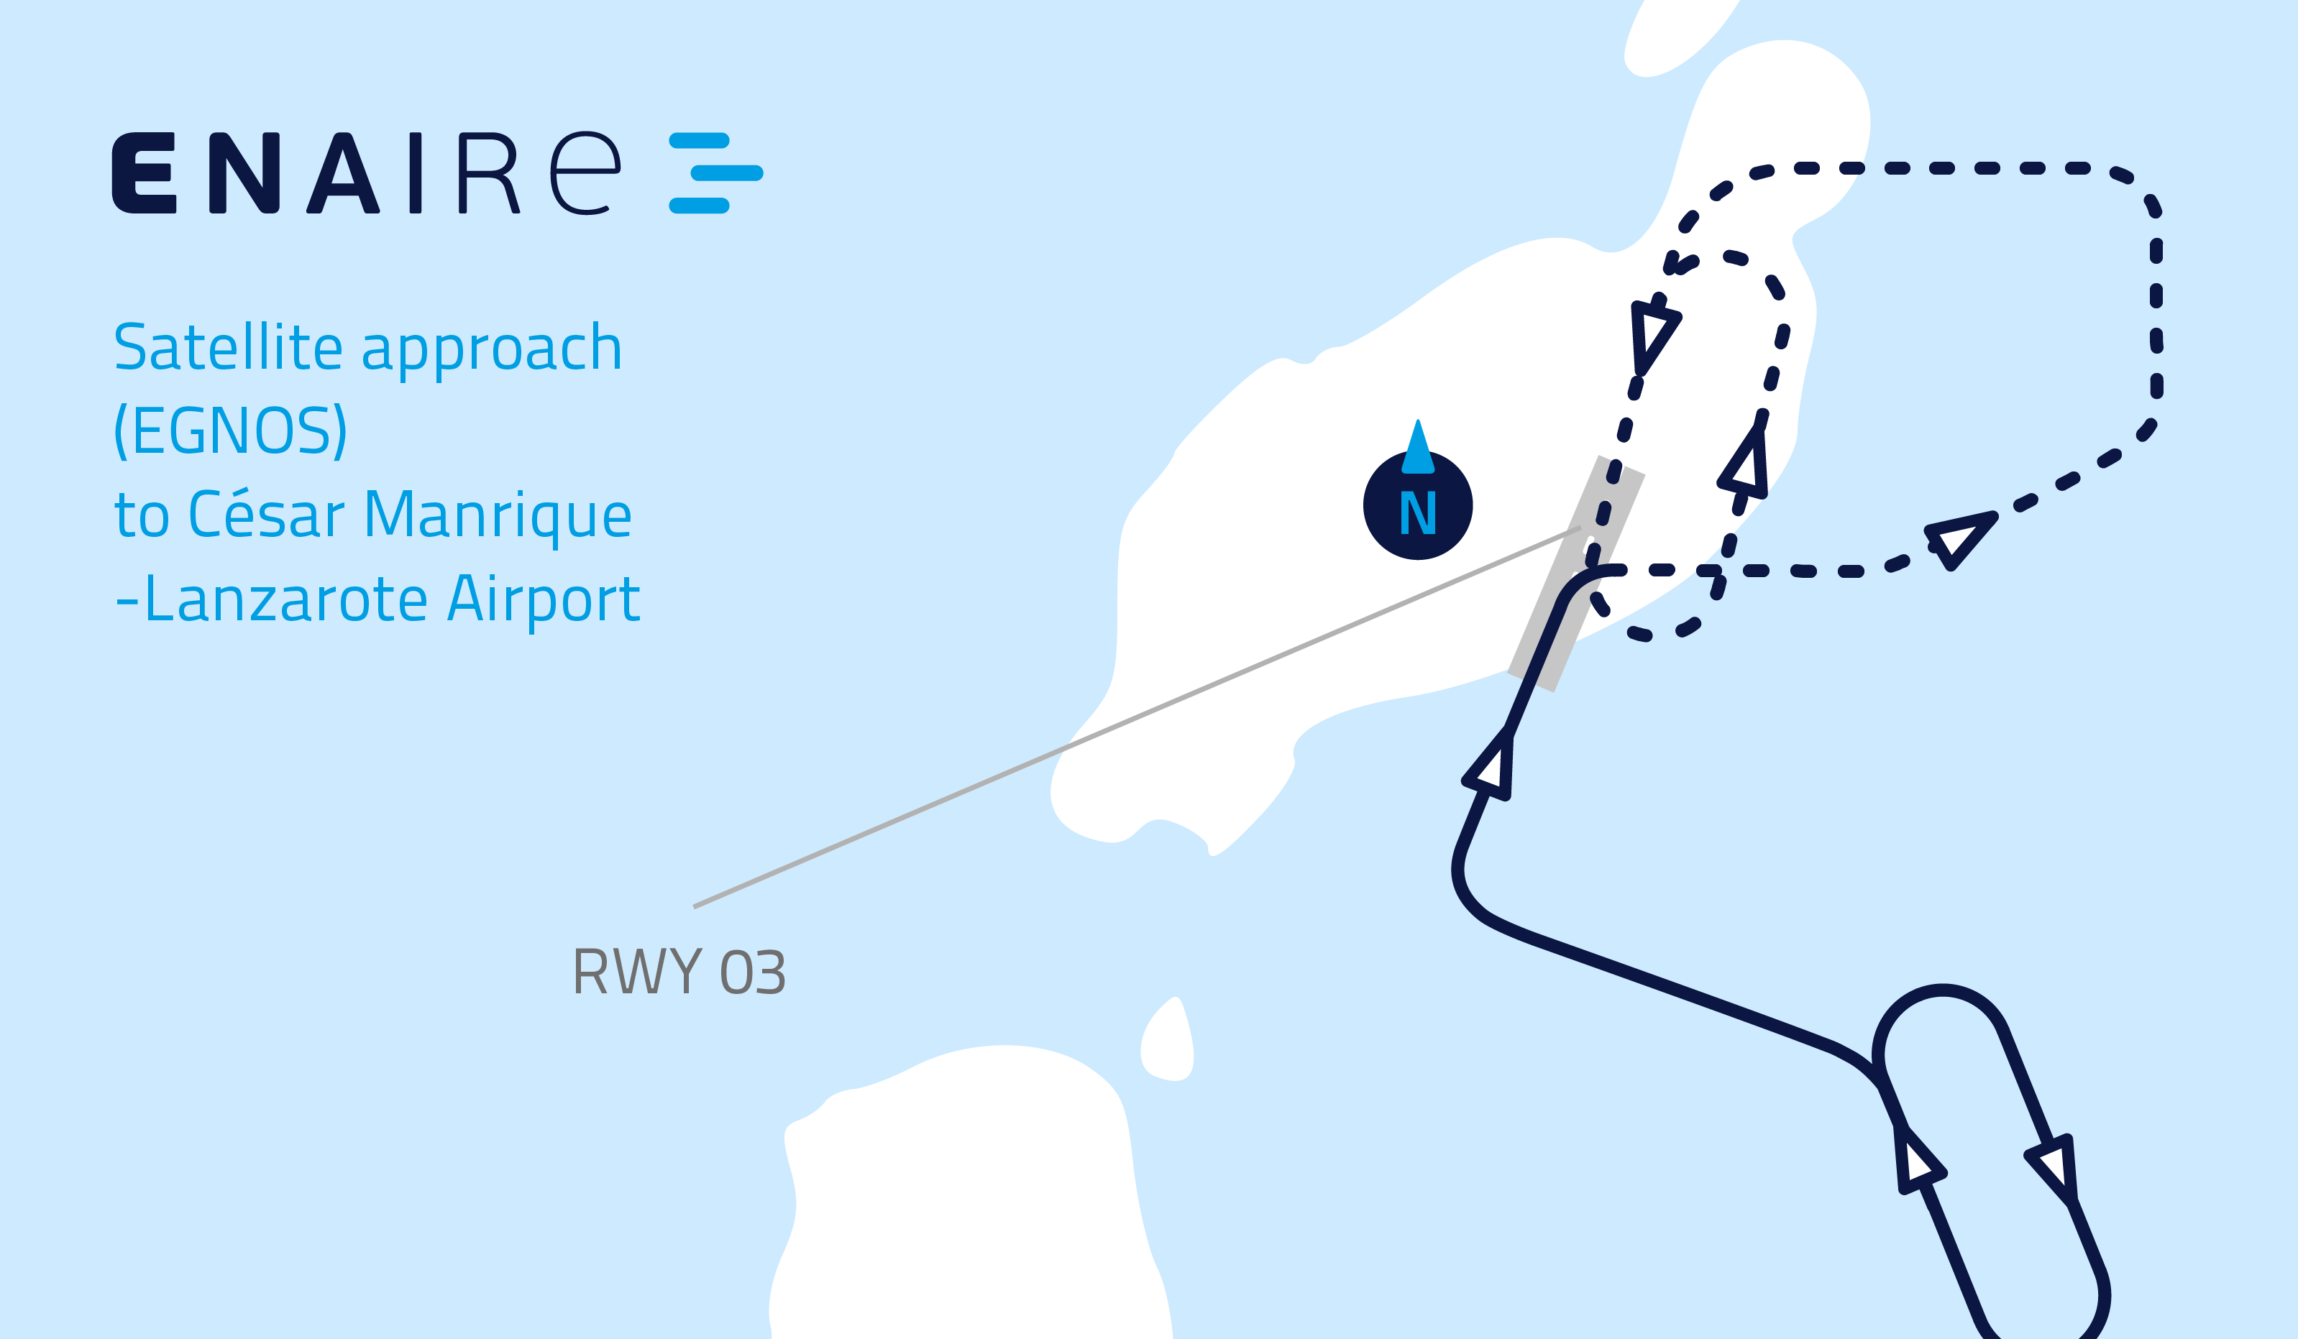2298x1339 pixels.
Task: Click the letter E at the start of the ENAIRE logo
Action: pos(143,173)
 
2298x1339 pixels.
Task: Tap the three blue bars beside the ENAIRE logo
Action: pos(716,173)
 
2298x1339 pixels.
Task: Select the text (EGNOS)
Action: pos(231,431)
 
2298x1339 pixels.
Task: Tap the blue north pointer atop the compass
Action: pos(1418,446)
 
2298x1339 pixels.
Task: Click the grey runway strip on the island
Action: pos(1576,574)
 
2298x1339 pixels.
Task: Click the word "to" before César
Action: pos(142,516)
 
